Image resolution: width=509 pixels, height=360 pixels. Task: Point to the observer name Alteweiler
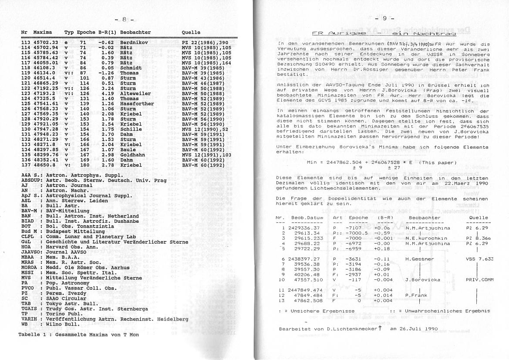tap(135, 93)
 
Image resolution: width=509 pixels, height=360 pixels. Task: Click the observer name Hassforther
tap(137, 104)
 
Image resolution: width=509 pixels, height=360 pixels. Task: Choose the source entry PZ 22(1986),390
tap(205, 43)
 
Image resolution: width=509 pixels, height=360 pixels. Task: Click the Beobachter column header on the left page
tap(135, 32)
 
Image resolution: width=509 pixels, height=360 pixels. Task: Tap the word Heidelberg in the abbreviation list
tap(172, 319)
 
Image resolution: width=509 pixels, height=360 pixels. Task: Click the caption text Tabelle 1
tap(33, 334)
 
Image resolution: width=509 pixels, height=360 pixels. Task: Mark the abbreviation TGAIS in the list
tap(28, 309)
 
